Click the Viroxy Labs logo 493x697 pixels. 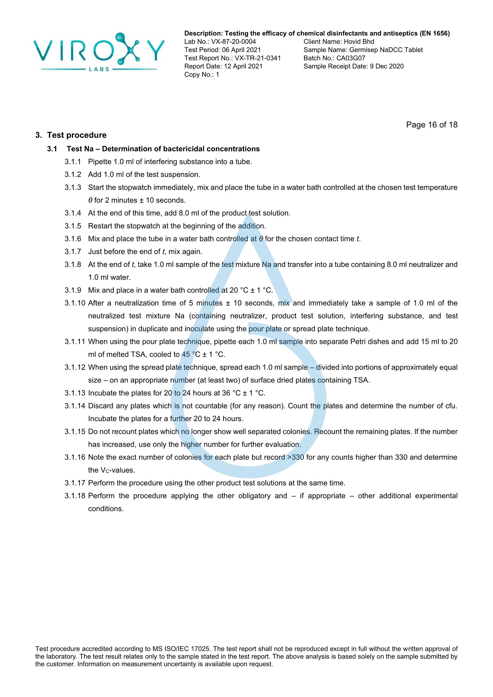click(x=99, y=52)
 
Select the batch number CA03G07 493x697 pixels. click(x=351, y=58)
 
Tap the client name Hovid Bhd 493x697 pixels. click(x=359, y=42)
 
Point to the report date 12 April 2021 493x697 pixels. click(x=243, y=66)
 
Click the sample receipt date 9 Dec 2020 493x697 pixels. click(x=387, y=66)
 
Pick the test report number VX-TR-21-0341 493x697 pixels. click(x=258, y=58)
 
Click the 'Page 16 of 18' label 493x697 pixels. click(x=431, y=125)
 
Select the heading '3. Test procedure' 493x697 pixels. click(x=71, y=135)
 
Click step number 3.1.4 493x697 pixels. click(x=73, y=213)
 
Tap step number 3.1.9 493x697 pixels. click(x=73, y=290)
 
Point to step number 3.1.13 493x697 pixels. click(x=75, y=393)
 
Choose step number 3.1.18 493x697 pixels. click(x=75, y=496)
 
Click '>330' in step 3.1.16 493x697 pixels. click(x=295, y=457)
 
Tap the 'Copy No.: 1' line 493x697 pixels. click(x=201, y=74)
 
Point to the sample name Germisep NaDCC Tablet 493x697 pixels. click(x=386, y=50)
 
